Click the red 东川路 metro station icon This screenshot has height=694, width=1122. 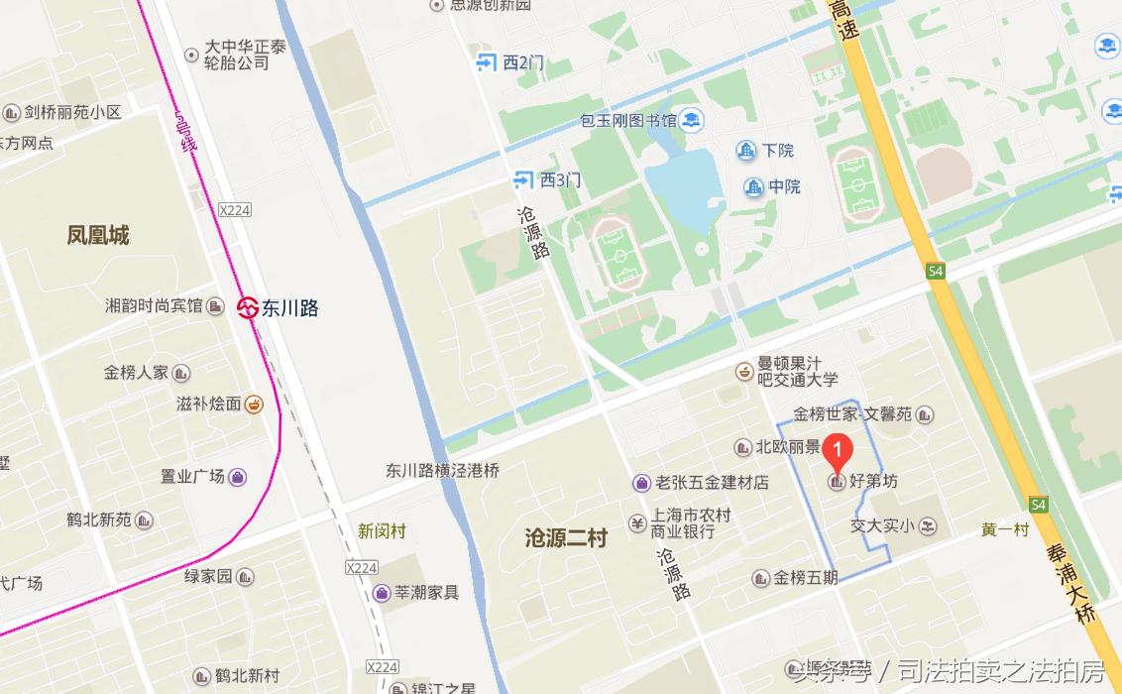248,308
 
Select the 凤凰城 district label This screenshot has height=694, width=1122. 98,236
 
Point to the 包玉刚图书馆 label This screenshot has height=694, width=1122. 628,121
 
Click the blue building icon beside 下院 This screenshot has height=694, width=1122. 745,151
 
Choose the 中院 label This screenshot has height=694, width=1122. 784,186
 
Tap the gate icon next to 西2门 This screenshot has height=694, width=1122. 486,62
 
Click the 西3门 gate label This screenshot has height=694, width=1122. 560,179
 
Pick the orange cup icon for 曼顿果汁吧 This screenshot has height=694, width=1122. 743,372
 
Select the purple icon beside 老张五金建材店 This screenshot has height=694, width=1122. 642,483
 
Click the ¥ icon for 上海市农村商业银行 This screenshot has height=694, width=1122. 637,523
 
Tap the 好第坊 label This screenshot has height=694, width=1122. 873,482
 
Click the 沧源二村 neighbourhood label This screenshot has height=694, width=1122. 566,538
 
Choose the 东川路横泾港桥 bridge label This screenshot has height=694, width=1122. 442,471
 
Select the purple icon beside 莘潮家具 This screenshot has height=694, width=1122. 381,593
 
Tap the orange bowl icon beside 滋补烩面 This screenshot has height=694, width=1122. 254,404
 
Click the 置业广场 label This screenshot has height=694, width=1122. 192,477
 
